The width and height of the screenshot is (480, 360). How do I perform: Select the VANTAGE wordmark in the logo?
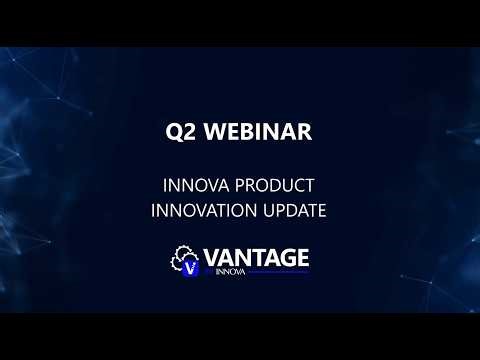tap(256, 256)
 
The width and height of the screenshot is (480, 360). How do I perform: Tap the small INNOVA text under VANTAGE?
tap(229, 269)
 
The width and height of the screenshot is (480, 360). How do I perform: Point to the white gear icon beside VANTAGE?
tap(182, 256)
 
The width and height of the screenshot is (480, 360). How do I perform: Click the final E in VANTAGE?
tap(300, 256)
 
